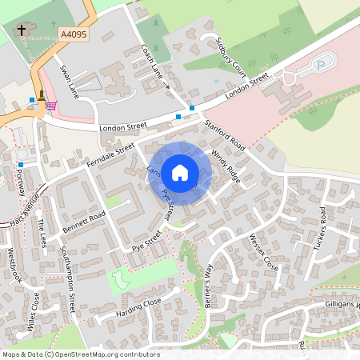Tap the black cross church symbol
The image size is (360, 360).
tap(21, 30)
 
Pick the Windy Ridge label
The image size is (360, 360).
tap(226, 163)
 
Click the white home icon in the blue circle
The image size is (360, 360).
tap(180, 173)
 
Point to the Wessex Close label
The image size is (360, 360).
tap(262, 252)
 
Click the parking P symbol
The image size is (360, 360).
tap(322, 64)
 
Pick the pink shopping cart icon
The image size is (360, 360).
tap(51, 105)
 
